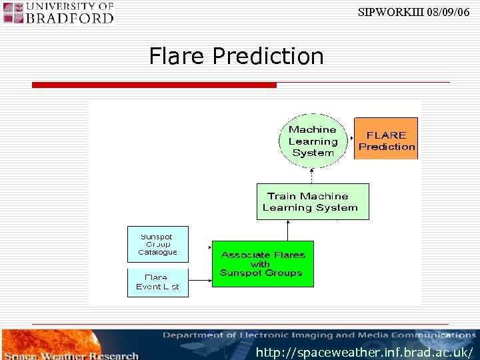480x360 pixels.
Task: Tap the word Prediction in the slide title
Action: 268,56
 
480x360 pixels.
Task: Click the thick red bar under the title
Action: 154,85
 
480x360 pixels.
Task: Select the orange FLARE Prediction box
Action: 386,139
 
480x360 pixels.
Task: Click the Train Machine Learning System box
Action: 312,201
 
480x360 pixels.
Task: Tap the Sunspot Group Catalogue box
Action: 158,244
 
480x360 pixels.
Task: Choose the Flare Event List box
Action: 158,282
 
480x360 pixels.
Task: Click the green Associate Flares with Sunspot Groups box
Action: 262,264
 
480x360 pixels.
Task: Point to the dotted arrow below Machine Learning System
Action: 311,173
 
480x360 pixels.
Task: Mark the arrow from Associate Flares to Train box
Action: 287,230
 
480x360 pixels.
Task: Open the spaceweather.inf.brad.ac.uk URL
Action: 364,351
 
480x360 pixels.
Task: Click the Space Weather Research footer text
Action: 70,355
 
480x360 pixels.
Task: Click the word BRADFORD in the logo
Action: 69,17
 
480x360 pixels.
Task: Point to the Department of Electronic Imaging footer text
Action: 319,335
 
